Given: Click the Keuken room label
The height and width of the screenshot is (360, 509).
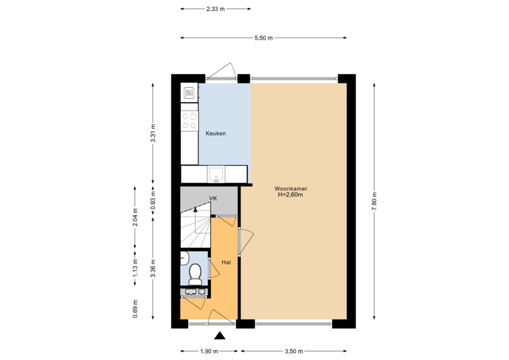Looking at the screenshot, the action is click(x=216, y=133).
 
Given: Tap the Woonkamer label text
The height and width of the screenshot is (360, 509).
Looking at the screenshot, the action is click(x=291, y=188).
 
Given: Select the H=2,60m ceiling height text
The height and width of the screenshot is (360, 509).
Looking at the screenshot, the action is click(x=290, y=195).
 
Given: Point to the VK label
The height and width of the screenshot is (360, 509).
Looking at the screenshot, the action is click(x=213, y=198).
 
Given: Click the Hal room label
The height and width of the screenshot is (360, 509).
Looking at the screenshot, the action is click(x=226, y=262).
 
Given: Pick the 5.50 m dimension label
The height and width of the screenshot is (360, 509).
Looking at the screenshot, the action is click(x=263, y=38).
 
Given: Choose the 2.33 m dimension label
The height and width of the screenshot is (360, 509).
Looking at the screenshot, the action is click(x=216, y=9).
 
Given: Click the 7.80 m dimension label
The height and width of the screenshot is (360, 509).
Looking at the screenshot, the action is click(x=375, y=201).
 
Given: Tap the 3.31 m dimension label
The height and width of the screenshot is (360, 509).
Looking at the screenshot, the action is click(x=154, y=133).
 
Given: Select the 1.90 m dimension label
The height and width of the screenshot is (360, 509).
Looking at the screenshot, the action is click(x=209, y=351).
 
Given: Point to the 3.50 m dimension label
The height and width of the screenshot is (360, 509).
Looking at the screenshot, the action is click(x=294, y=351).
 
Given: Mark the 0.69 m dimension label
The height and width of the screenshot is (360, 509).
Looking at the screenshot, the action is click(x=135, y=308).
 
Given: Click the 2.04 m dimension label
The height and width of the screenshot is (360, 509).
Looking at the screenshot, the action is click(x=135, y=217).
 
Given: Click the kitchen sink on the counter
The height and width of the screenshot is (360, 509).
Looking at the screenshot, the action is click(x=216, y=174).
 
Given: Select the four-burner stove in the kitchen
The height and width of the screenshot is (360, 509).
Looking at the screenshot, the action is click(x=189, y=121).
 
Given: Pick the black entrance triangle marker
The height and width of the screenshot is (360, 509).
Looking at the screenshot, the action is click(x=220, y=336).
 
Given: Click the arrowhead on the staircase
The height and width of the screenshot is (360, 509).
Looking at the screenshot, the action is click(x=195, y=209).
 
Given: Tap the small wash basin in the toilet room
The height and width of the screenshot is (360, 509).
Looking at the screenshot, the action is click(x=184, y=258).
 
